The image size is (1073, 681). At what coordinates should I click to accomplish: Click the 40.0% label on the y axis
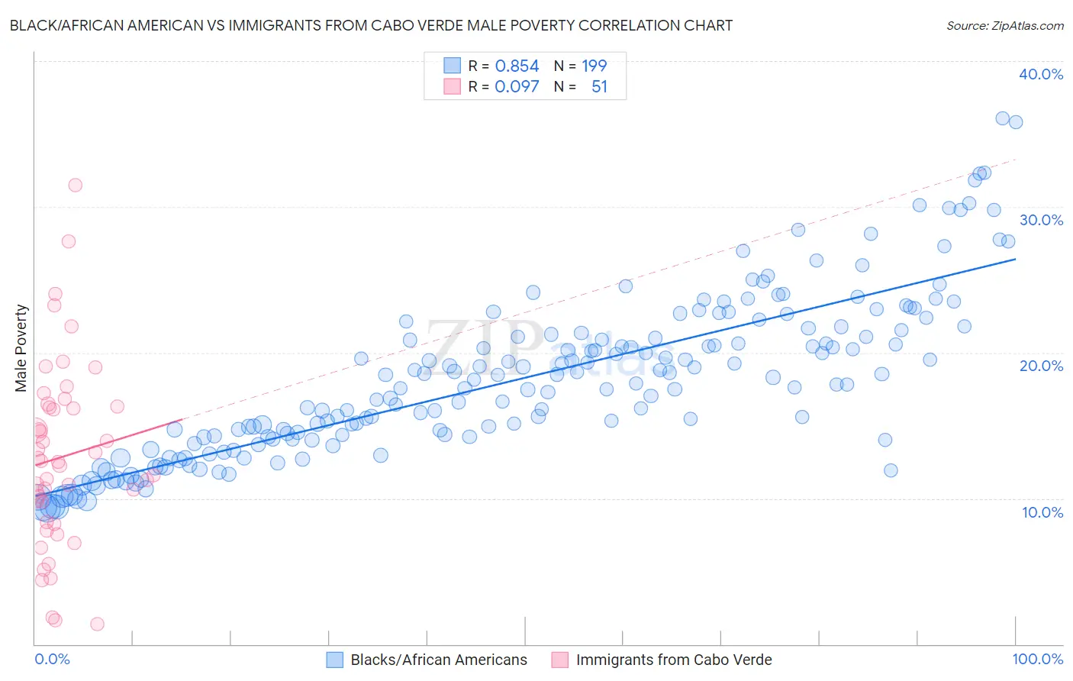coord(1041,74)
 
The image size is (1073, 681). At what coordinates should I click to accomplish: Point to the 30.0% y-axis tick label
coord(1041,220)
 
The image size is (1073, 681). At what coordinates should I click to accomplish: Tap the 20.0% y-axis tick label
coord(1041,366)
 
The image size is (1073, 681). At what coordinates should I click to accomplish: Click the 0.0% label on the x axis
coord(52,660)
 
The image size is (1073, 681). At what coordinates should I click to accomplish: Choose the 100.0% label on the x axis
coord(1037,660)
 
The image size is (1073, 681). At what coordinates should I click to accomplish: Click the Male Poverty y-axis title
coord(21,348)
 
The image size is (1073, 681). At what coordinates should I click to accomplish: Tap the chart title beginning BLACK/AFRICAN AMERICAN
coord(371,25)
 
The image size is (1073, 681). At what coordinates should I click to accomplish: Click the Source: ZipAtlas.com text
coord(1004,25)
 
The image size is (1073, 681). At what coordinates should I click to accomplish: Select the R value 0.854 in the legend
coord(517,66)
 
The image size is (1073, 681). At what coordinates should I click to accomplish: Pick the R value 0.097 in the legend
coord(517,87)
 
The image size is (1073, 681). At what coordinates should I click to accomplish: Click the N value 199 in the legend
coord(594,66)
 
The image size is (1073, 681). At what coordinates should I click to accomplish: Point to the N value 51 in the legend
coord(599,87)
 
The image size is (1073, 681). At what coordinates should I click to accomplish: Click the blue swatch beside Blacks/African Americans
coord(334,660)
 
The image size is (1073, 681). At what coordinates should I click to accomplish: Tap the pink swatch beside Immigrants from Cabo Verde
coord(559,660)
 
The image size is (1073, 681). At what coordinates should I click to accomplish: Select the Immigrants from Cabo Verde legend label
coord(674,660)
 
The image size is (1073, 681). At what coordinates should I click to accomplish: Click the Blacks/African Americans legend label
coord(439,660)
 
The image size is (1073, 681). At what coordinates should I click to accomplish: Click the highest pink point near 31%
coord(75,185)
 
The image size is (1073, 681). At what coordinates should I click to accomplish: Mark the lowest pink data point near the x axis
coord(97,624)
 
